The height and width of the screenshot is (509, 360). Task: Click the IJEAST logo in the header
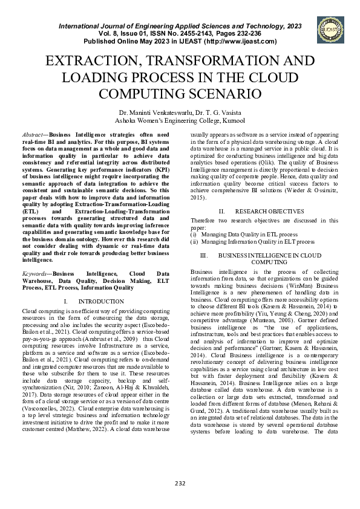pos(328,30)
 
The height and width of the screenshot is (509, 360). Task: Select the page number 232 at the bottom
pos(180,482)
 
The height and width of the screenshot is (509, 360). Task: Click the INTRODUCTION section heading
pos(102,301)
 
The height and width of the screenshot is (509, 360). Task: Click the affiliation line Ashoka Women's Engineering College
pos(180,120)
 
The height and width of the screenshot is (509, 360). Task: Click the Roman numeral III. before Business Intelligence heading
pos(204,256)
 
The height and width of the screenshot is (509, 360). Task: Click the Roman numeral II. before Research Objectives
pos(222,212)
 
